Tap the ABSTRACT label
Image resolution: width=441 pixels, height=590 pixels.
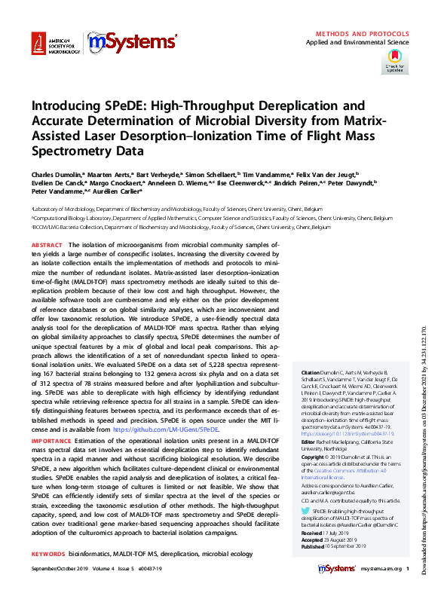click(x=47, y=246)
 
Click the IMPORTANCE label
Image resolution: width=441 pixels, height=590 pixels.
click(x=51, y=439)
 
